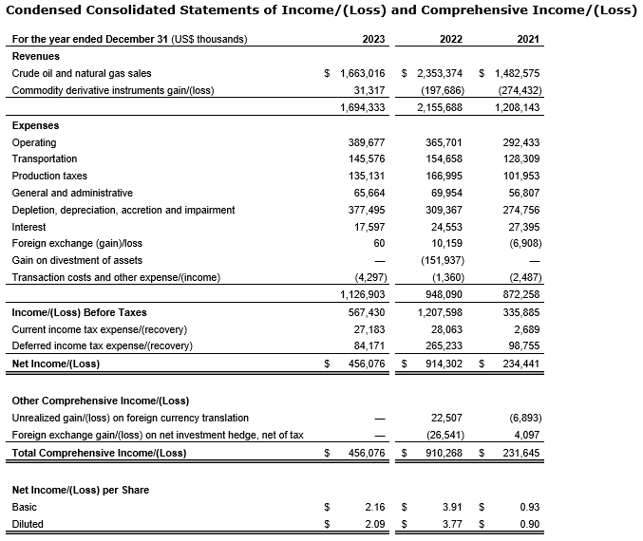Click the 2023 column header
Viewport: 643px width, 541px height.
coord(373,39)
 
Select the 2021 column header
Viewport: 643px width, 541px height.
coord(529,39)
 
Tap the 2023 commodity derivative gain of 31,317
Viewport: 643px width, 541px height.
coord(369,90)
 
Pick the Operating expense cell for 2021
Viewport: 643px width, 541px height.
coord(520,142)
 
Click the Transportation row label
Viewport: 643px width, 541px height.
coord(45,159)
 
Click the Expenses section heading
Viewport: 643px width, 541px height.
coord(35,125)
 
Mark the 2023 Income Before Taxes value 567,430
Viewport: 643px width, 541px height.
coord(365,312)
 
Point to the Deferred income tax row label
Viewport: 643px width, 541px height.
coord(103,345)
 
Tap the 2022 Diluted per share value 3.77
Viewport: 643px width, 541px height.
coord(452,524)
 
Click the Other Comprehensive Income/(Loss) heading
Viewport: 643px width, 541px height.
coord(101,401)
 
